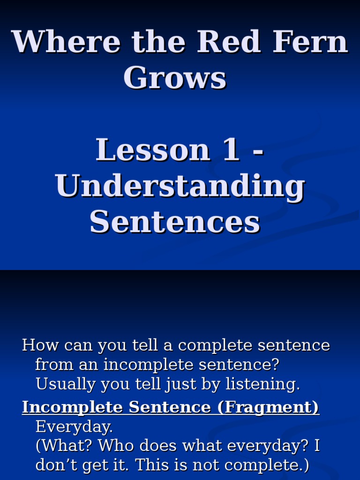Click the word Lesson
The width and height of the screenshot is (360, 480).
click(153, 150)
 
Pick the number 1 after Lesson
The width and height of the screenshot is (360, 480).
click(232, 150)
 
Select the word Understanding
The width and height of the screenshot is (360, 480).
click(180, 187)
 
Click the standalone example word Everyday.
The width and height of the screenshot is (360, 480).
click(74, 427)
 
